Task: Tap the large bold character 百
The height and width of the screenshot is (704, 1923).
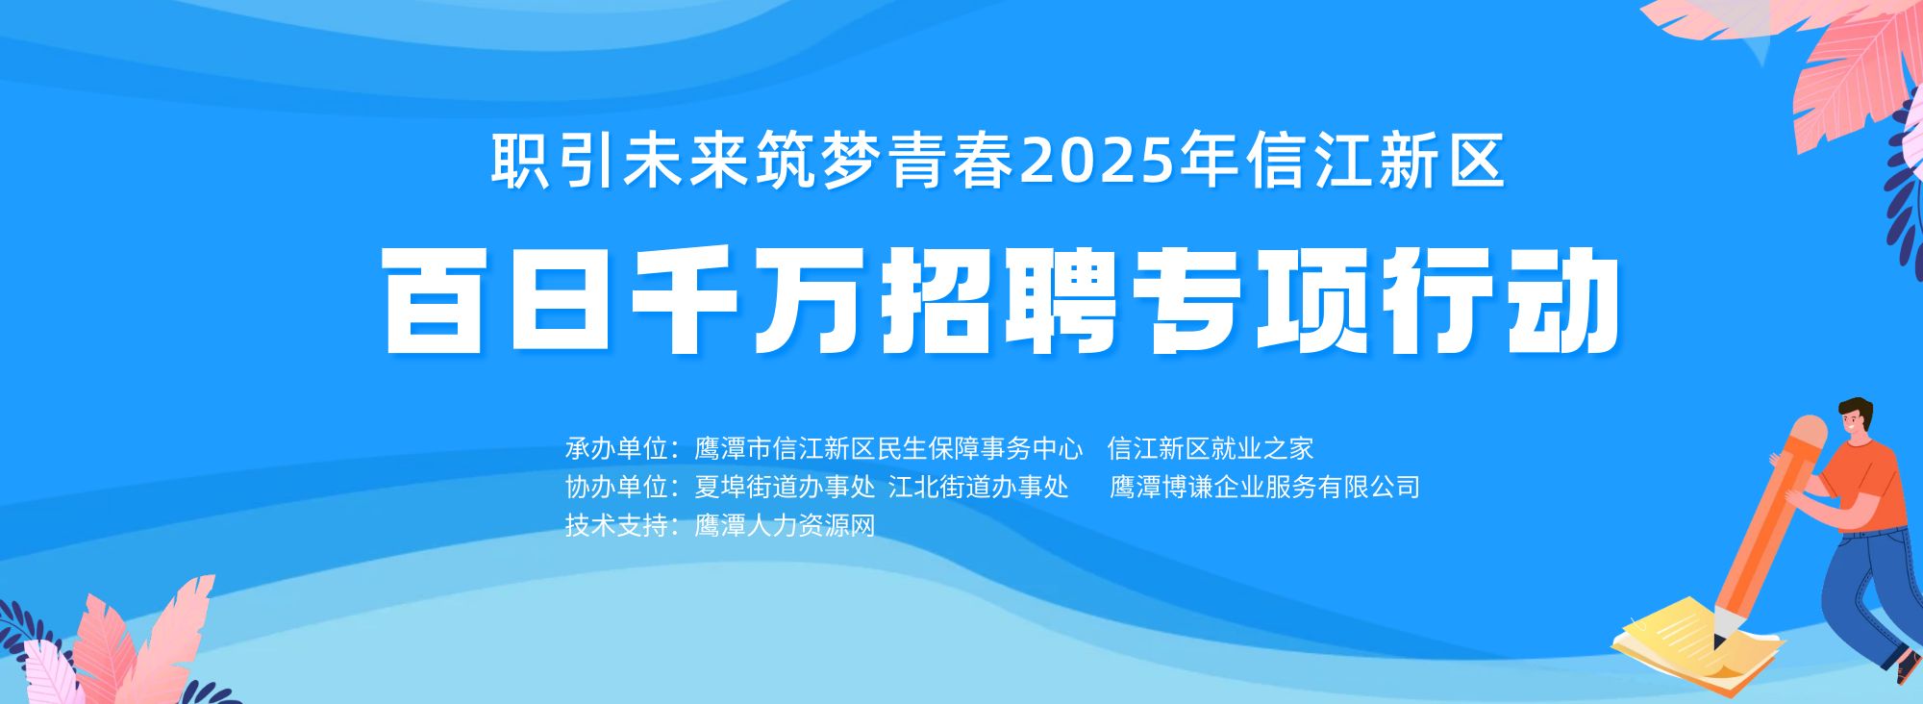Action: [x=434, y=301]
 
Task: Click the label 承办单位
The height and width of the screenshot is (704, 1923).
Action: [x=616, y=448]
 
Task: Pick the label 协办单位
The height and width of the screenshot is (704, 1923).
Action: [x=616, y=487]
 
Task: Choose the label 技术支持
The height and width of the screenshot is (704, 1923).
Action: [x=616, y=525]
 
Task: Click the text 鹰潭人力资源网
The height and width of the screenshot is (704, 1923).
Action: [x=785, y=525]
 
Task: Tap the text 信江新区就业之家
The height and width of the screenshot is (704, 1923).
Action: [x=1211, y=448]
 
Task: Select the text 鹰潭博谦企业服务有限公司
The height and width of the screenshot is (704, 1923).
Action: [x=1265, y=487]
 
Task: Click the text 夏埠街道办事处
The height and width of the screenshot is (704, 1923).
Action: [x=785, y=487]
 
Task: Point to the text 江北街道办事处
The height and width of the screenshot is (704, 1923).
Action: [x=979, y=487]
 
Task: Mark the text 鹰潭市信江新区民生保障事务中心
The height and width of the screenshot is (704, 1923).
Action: [x=889, y=448]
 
